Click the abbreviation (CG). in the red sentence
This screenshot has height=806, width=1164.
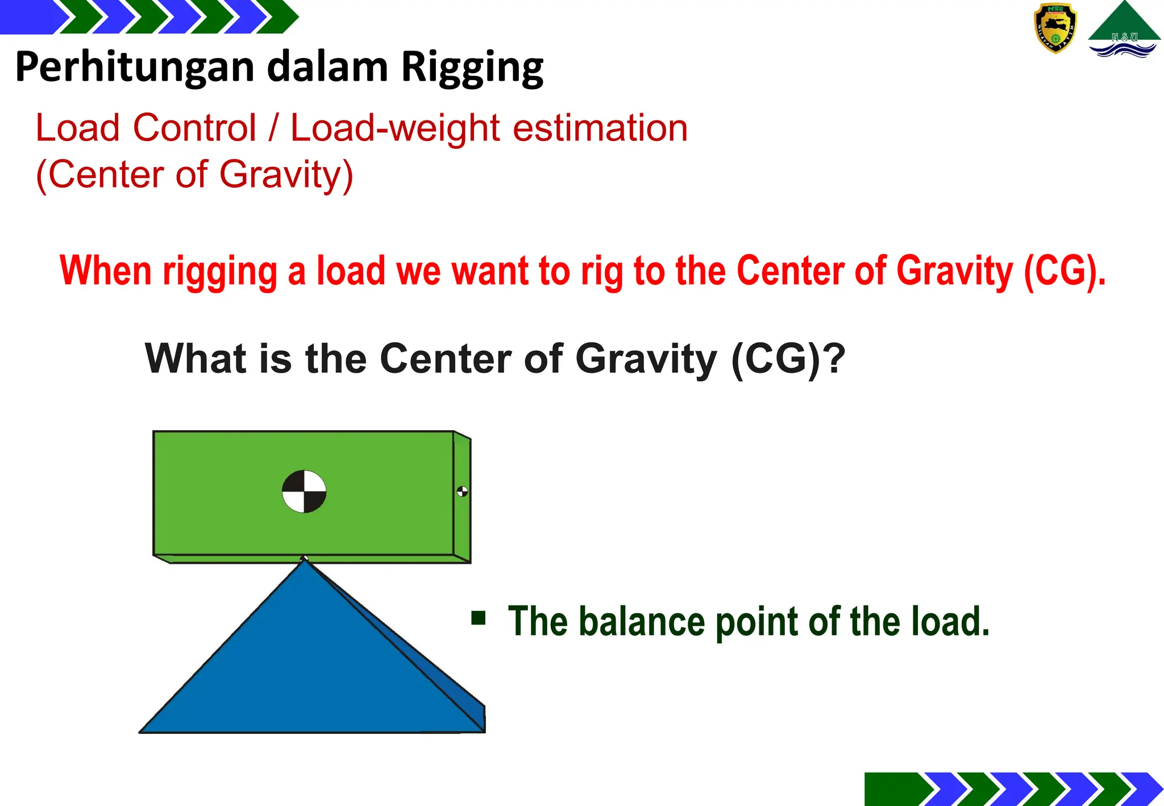coord(1065,271)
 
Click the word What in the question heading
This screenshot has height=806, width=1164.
coord(196,359)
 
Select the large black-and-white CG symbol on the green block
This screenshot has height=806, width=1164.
coord(304,492)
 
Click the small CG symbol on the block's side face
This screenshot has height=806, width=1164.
coord(462,492)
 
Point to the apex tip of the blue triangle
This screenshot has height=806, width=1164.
coord(305,560)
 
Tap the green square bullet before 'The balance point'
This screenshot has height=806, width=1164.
coord(479,618)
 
